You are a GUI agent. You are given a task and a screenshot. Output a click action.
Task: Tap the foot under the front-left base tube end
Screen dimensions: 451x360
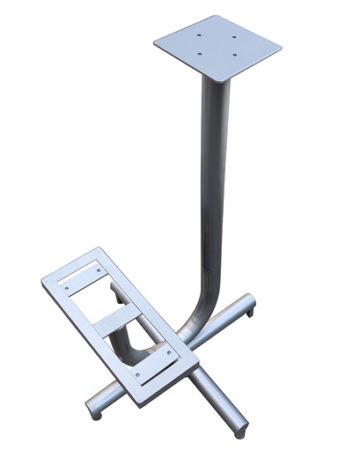[92, 412]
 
